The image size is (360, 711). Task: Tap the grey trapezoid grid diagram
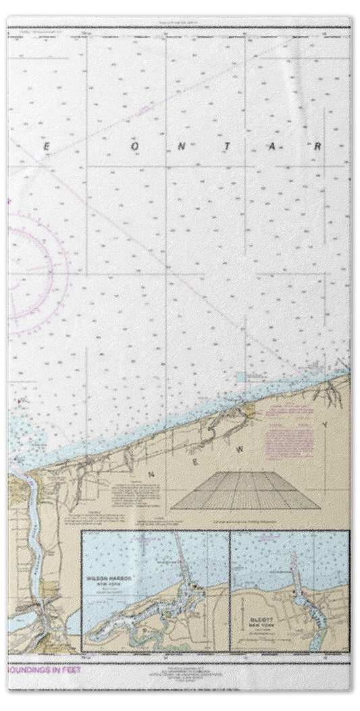(245, 491)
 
